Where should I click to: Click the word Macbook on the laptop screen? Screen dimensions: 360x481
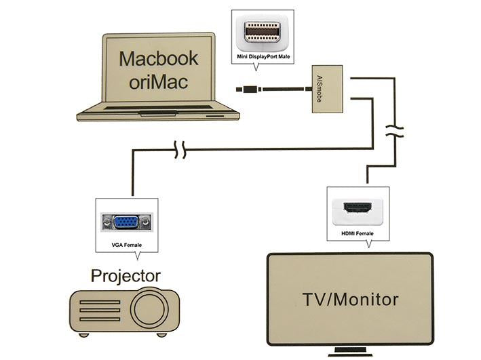coord(159,58)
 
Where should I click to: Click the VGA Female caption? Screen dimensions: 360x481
coord(127,244)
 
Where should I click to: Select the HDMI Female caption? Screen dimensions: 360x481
coord(357,233)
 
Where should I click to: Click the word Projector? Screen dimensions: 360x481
coord(126,276)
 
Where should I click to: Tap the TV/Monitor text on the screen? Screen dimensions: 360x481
coord(349,299)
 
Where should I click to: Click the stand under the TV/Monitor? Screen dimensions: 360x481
coord(349,352)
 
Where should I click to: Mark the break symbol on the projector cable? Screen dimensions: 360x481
coord(179,150)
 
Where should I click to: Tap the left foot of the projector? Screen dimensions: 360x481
coord(83,334)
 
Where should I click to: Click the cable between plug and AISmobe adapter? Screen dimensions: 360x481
coord(285,88)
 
